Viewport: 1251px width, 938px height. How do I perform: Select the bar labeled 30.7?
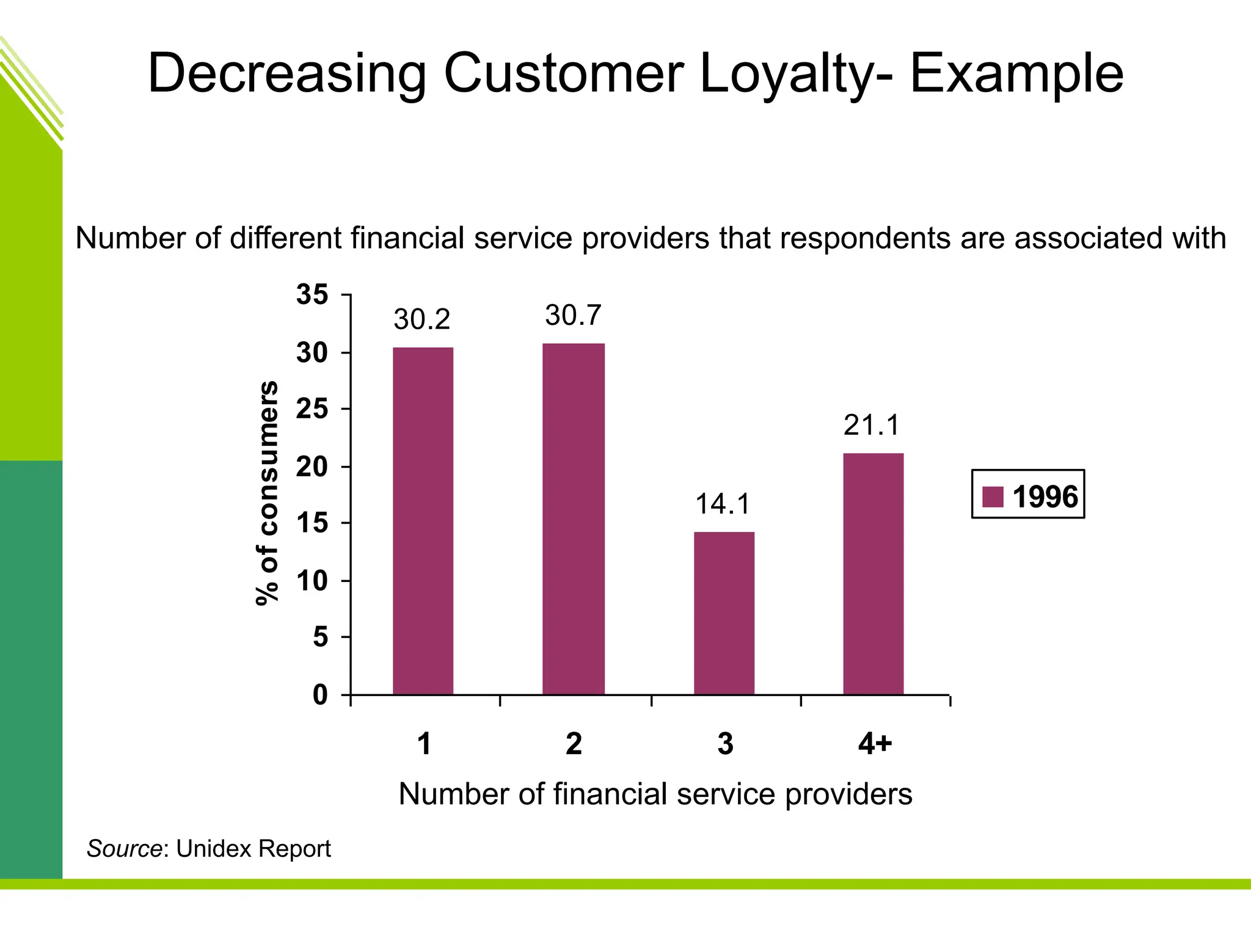tap(573, 518)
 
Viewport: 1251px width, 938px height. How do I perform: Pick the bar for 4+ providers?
tap(873, 573)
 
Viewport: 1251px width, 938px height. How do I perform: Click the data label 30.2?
tap(421, 319)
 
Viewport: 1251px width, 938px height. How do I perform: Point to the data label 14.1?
tap(723, 504)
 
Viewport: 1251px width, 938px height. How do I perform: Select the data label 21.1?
tap(872, 425)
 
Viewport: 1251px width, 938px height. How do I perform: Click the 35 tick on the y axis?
tap(312, 295)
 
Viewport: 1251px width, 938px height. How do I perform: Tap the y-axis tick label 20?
tap(312, 467)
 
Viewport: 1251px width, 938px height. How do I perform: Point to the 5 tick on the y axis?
tap(320, 638)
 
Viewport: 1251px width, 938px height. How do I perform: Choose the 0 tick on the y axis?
tap(320, 695)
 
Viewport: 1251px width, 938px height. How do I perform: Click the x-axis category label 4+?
tap(875, 744)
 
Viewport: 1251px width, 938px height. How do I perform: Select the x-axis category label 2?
tap(574, 744)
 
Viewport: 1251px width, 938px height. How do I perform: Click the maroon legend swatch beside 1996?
tap(993, 496)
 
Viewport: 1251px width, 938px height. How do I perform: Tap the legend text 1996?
tap(1045, 496)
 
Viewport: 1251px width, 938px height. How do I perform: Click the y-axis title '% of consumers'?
tap(267, 493)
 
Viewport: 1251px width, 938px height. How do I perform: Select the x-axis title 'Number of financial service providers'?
tap(655, 794)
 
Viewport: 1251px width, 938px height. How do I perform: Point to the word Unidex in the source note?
tap(211, 848)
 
